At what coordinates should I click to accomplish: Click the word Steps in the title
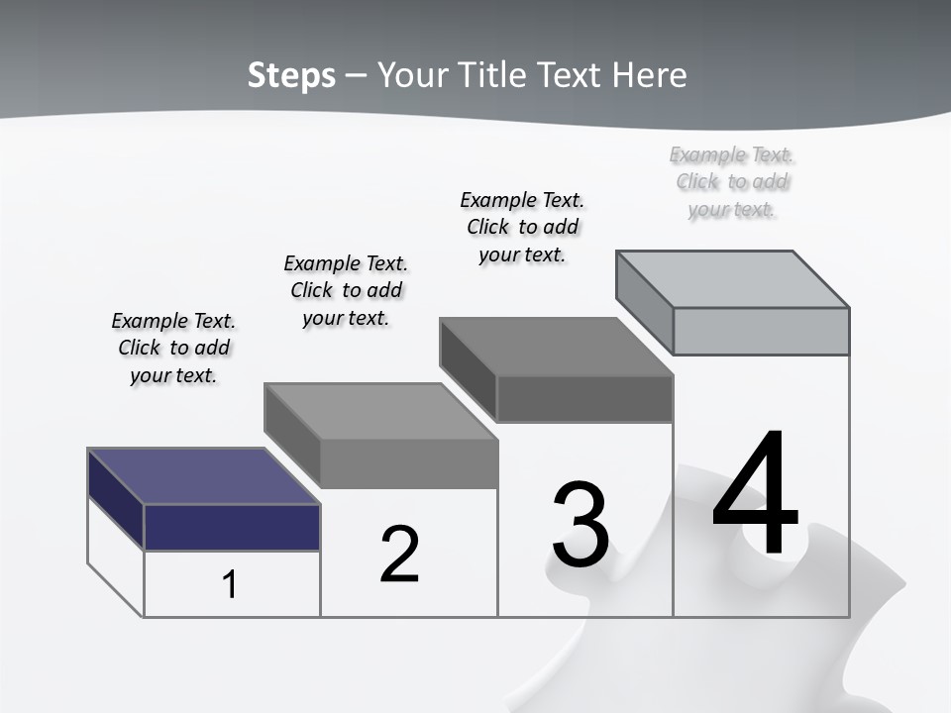pos(291,75)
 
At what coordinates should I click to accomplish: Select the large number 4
pos(755,495)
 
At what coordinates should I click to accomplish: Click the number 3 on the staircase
pos(581,525)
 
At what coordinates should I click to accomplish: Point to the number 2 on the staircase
pos(400,555)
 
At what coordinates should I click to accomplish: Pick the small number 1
pos(230,585)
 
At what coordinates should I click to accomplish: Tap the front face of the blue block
pos(232,527)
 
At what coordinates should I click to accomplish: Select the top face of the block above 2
pos(380,411)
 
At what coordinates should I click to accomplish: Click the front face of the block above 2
pos(408,463)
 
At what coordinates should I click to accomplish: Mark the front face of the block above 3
pos(584,399)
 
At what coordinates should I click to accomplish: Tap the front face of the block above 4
pos(761,331)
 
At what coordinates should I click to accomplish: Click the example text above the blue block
pos(173,348)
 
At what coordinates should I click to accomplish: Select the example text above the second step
pos(346,290)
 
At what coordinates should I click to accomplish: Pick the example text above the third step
pos(522,227)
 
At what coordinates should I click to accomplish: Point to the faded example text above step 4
pos(732,181)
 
